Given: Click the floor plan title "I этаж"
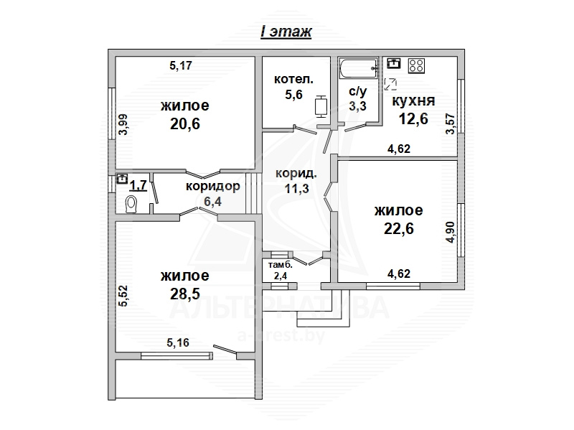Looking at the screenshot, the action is (286, 32).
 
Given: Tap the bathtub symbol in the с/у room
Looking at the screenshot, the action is (359, 68).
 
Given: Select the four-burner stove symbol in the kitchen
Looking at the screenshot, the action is (417, 65).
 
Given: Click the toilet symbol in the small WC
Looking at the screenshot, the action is (131, 205).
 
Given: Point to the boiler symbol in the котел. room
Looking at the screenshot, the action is (321, 106).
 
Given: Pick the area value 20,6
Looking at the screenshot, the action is (185, 123).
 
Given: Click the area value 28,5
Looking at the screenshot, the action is (185, 294).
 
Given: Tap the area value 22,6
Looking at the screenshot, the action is (399, 228).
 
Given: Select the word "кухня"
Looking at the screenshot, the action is (414, 101).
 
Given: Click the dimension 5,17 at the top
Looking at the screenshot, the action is (181, 65).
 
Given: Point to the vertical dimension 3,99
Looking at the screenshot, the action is (123, 124).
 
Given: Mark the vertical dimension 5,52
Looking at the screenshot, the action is (123, 296).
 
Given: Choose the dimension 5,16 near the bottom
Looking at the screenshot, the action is (178, 342).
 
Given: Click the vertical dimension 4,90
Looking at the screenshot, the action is (451, 232).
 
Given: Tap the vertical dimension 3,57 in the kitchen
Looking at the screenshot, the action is (451, 123).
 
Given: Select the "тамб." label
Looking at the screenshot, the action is (281, 265).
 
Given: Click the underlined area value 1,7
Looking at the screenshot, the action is (138, 185).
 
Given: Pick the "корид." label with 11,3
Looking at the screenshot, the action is (296, 173).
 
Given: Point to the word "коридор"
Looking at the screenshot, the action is (212, 186).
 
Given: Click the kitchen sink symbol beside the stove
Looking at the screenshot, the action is (393, 63).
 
